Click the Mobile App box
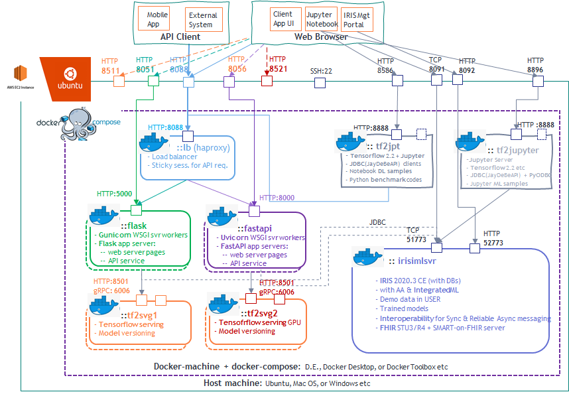(158, 19)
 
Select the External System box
(202, 19)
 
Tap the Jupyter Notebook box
(322, 19)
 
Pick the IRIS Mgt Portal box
(357, 19)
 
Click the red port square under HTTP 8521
(267, 82)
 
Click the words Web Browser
(321, 37)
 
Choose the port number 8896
(536, 69)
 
